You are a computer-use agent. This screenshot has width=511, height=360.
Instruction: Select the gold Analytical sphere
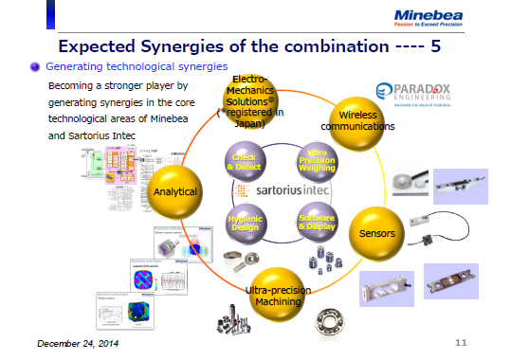[x=175, y=191]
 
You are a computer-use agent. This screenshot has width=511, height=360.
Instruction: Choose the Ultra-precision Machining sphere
[x=274, y=295]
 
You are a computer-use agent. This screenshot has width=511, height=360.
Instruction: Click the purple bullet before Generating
[x=34, y=67]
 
